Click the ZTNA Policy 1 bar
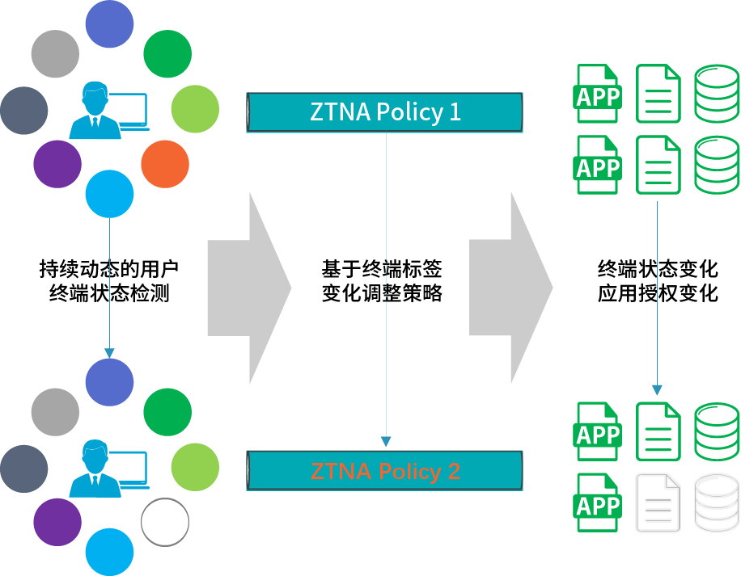point(385,112)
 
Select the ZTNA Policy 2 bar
point(385,471)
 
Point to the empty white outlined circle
point(165,522)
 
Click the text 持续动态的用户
point(109,267)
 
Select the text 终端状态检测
point(109,292)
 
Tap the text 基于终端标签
point(382,267)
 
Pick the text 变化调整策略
point(382,292)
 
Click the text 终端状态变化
point(658,267)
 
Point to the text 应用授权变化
point(658,292)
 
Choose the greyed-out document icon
point(658,502)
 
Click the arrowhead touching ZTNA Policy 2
point(386,442)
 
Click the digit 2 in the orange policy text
point(453,471)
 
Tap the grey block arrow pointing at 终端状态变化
point(511,288)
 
